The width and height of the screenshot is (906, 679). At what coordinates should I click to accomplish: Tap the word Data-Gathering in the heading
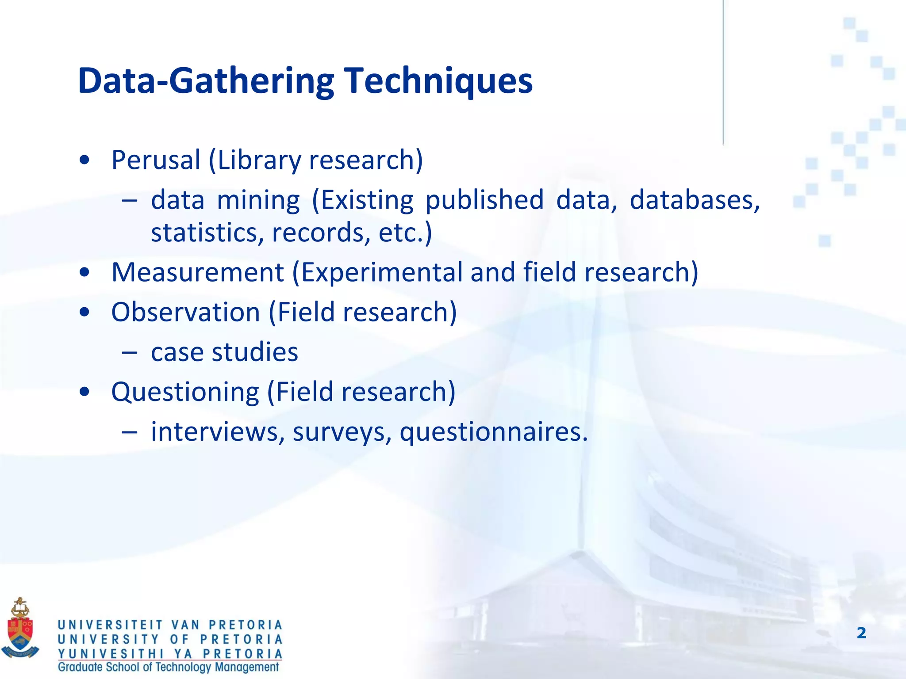point(206,81)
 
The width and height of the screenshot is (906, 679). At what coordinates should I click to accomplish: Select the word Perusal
point(156,160)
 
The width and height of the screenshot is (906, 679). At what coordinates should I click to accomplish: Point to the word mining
point(258,200)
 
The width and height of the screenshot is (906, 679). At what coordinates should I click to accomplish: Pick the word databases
point(694,200)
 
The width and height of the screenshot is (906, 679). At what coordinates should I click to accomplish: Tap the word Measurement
point(197,272)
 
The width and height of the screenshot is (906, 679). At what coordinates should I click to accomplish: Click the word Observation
point(185,312)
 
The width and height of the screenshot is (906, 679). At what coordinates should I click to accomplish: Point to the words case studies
point(224,352)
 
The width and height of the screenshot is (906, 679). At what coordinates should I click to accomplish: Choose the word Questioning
point(185,392)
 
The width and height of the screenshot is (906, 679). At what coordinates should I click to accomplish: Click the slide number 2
point(861,633)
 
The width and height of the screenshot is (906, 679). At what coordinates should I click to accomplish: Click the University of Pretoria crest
point(20,627)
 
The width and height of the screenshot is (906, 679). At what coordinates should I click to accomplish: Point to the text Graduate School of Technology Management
point(169,667)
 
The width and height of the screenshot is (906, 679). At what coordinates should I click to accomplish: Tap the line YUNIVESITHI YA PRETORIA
point(170,653)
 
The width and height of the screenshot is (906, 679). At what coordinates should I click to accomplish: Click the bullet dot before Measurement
point(84,273)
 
